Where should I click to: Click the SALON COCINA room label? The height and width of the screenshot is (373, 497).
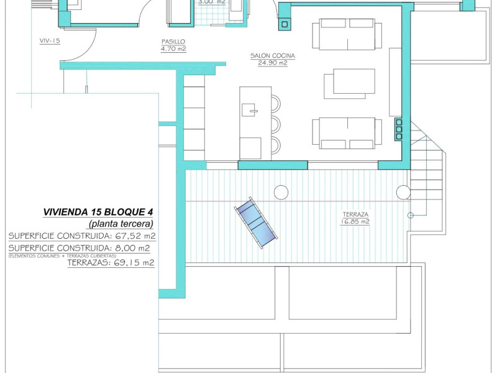[272, 56]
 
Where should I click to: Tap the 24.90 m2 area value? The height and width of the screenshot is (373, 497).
[272, 63]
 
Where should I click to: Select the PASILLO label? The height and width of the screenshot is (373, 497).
[173, 42]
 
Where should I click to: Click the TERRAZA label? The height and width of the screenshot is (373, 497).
[356, 214]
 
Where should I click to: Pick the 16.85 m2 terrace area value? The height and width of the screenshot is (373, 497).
[356, 221]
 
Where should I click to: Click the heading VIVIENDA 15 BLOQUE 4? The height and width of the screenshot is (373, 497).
[98, 212]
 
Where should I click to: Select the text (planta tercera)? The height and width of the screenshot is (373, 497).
[121, 223]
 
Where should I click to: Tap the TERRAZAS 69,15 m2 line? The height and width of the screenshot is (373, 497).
[111, 262]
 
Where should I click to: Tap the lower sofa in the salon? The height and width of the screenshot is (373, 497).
[347, 133]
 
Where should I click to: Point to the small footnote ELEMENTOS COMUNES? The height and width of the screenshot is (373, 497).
[62, 255]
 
